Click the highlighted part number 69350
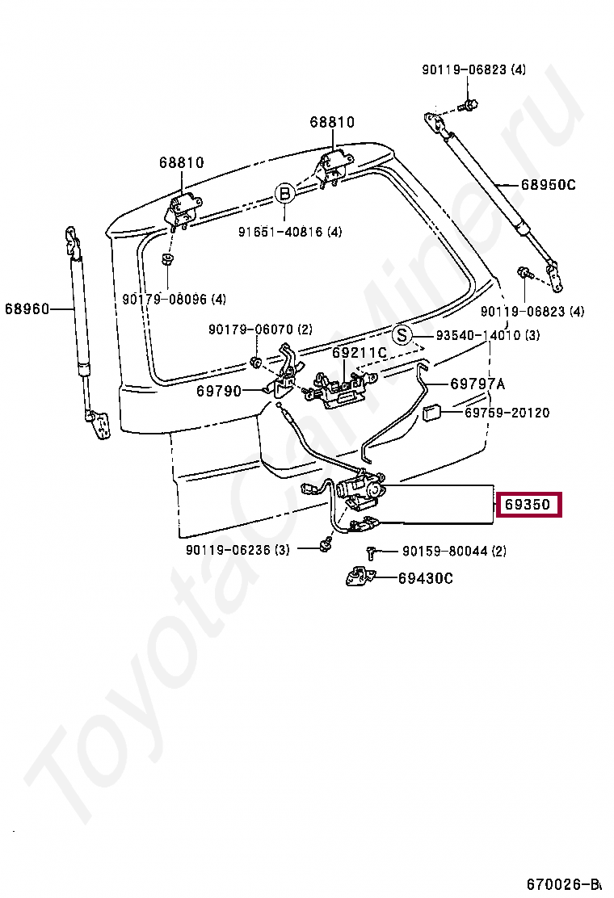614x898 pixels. [528, 506]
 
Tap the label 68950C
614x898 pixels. [547, 185]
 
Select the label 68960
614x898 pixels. [27, 308]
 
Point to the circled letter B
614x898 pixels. [284, 194]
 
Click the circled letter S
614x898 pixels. [402, 335]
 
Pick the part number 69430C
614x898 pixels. [425, 577]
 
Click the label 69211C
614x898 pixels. [360, 353]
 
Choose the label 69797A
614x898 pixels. [477, 384]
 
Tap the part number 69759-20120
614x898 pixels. [507, 413]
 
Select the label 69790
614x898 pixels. [218, 390]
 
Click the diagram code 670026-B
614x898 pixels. [566, 883]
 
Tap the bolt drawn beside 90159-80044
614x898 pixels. [372, 553]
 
